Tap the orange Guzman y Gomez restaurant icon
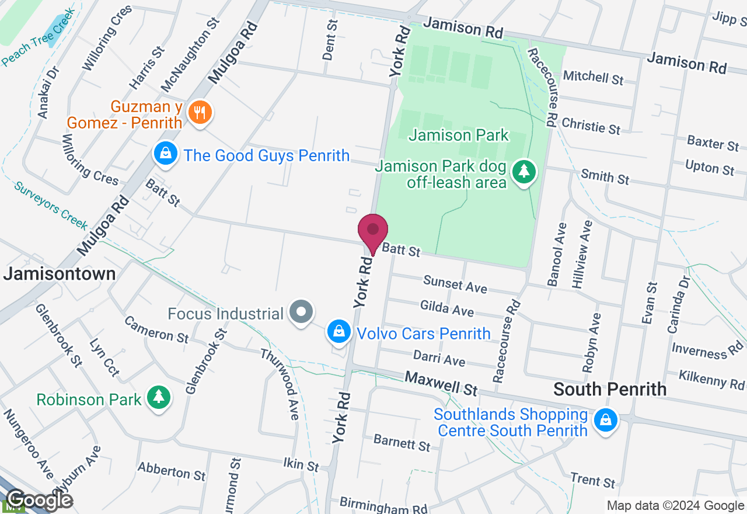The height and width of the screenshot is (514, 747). [200, 113]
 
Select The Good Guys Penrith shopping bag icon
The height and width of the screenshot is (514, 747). [166, 154]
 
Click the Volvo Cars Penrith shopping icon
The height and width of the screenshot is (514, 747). [338, 332]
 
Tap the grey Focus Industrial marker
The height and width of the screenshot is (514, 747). [302, 312]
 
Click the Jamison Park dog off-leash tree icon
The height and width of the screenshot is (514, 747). [524, 172]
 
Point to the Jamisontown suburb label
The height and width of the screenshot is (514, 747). [60, 274]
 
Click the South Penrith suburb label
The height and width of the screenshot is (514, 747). [609, 389]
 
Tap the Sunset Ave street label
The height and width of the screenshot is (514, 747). [455, 284]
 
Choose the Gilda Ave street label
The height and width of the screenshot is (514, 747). [447, 308]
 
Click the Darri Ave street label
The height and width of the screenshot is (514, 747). [439, 357]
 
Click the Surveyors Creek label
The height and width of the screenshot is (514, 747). [51, 206]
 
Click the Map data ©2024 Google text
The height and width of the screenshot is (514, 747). [675, 506]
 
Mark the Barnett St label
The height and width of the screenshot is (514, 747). [402, 443]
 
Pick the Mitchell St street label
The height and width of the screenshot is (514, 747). [593, 77]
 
